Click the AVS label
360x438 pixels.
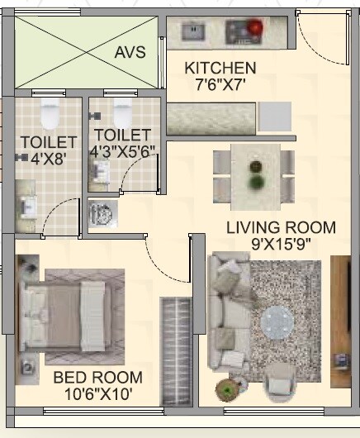(x=130, y=52)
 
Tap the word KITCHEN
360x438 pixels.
(x=220, y=68)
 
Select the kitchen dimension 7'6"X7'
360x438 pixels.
(x=220, y=83)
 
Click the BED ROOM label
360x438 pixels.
(x=97, y=378)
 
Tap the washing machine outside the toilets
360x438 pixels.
(x=101, y=212)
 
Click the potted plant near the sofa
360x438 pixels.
(x=226, y=388)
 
